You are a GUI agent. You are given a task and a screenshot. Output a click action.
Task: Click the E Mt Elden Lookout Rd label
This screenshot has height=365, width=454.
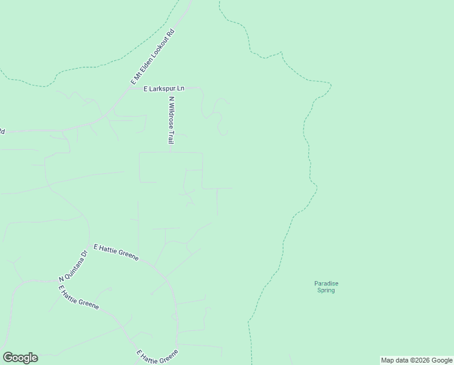click(x=152, y=56)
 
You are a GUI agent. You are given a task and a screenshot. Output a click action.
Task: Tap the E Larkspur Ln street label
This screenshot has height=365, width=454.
click(x=163, y=89)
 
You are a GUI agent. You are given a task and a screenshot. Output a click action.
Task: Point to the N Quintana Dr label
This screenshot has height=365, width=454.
click(x=73, y=265)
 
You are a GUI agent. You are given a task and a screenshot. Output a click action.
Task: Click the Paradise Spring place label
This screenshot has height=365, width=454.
click(x=326, y=287)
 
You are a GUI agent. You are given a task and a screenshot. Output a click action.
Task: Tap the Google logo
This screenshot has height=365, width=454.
click(x=20, y=358)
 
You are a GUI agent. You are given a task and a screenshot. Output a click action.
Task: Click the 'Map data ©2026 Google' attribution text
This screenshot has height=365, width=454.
click(x=416, y=360)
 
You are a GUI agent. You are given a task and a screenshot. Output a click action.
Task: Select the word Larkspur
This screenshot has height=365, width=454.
click(x=163, y=89)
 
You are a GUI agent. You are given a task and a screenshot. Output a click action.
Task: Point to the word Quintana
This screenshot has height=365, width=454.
click(x=71, y=268)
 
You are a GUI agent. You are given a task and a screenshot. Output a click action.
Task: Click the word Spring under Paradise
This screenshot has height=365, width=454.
click(x=326, y=290)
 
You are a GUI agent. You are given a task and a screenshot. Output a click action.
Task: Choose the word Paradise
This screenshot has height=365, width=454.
click(x=326, y=283)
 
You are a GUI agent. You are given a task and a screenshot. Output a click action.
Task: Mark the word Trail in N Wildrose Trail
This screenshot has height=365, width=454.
click(x=172, y=137)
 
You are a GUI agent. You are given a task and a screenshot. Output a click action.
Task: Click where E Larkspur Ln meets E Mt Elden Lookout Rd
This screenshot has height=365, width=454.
click(x=129, y=89)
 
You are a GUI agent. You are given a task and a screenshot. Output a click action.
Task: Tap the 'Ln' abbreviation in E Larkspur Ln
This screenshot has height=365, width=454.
click(x=180, y=89)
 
